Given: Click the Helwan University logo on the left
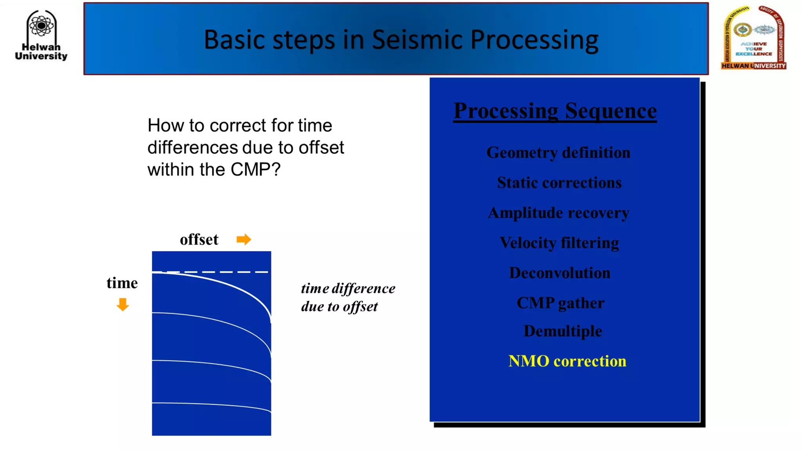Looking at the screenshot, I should tap(41, 35).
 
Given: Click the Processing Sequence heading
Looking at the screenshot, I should tap(555, 111).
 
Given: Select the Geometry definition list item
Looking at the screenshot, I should tap(558, 153).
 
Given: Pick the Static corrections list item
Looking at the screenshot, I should tap(559, 183).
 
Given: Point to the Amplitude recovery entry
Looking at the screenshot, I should tap(558, 213).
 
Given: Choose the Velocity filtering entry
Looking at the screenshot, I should tap(559, 243).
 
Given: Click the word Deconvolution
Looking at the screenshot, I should tap(560, 273).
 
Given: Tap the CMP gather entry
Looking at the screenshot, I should tap(560, 303).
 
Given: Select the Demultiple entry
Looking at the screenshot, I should tap(563, 331).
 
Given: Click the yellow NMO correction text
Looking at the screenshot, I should tap(567, 361).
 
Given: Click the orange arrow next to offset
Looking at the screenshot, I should tap(244, 239).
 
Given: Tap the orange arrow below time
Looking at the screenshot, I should tap(123, 304).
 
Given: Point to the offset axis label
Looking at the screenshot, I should tap(199, 240).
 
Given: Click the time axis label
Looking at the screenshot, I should tap(122, 283).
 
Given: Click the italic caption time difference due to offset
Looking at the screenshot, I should tap(348, 297).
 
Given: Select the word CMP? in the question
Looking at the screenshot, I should tap(255, 170).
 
